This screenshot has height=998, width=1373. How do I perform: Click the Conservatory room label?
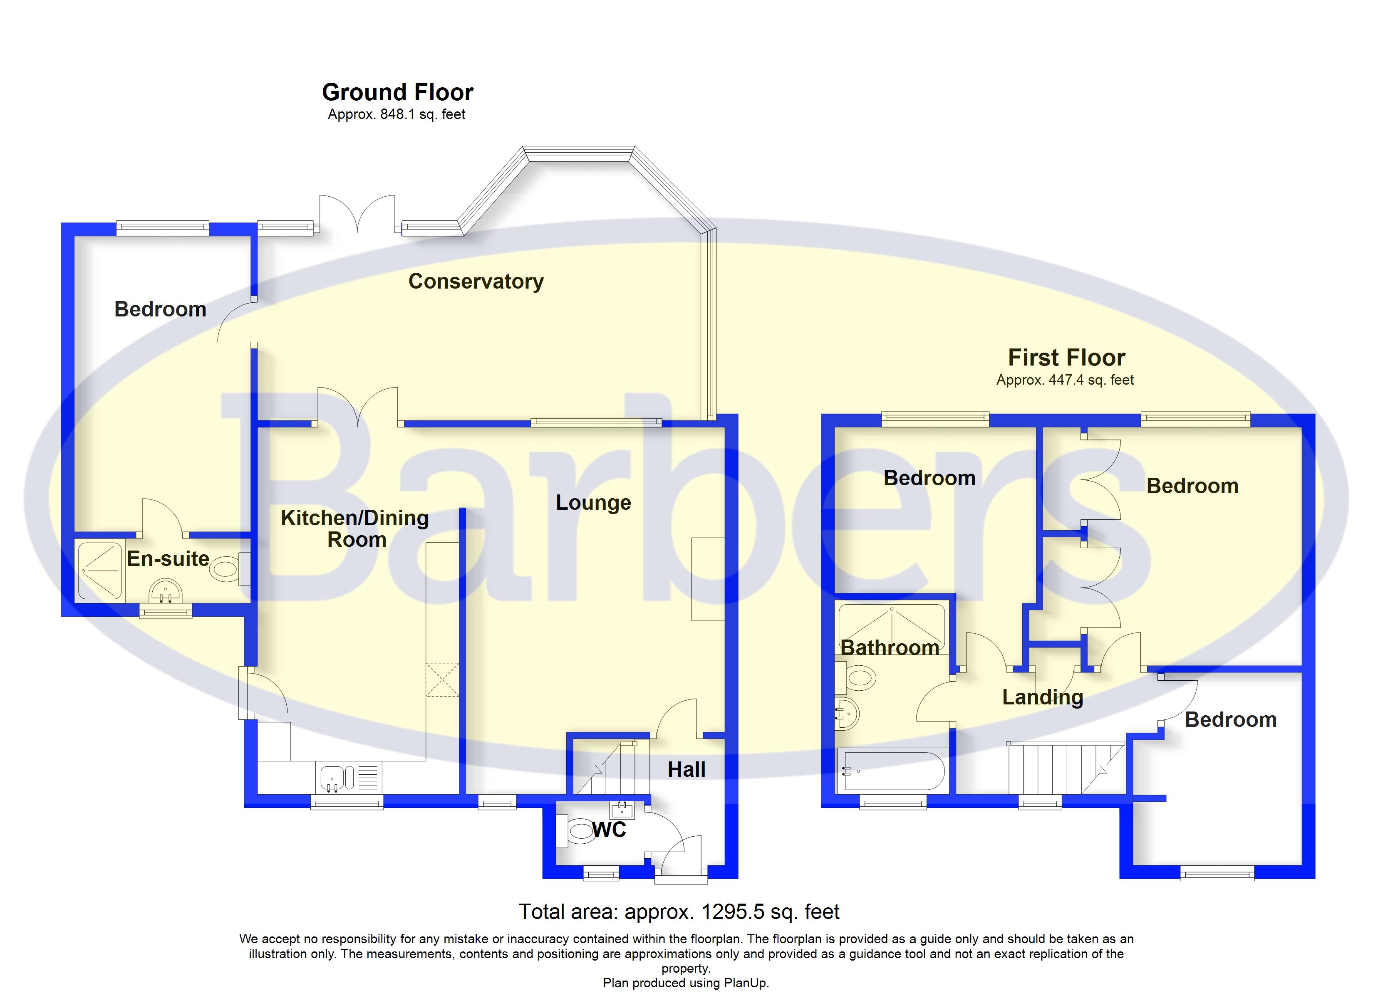476,282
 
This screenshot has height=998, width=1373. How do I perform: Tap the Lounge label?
593,503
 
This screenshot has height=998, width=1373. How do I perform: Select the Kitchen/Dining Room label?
355,529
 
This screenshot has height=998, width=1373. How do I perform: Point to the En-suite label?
168,558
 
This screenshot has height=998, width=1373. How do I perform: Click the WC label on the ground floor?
609,830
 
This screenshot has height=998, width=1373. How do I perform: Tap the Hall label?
686,769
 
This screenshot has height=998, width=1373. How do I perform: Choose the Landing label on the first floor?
1043,698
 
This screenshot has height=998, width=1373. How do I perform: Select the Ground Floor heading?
398,92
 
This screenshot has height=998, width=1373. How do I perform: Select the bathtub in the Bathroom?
891,771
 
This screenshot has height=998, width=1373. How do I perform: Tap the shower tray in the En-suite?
99,571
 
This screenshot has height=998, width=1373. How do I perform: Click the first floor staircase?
1066,768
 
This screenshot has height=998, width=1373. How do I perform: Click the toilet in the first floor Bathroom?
856,677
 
